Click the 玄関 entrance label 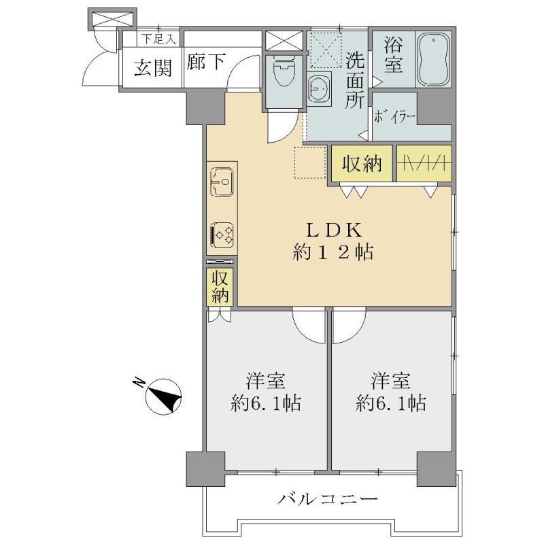pyautogui.click(x=153, y=67)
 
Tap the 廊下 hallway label pyautogui.click(x=206, y=62)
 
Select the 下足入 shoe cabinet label pyautogui.click(x=158, y=39)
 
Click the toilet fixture pyautogui.click(x=284, y=72)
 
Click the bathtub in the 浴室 pyautogui.click(x=434, y=59)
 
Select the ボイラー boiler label pyautogui.click(x=394, y=117)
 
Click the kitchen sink pyautogui.click(x=222, y=182)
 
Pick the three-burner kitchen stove pyautogui.click(x=222, y=235)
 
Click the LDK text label pyautogui.click(x=333, y=230)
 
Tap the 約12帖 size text pyautogui.click(x=333, y=252)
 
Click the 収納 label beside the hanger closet pyautogui.click(x=362, y=164)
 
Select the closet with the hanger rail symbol pyautogui.click(x=424, y=163)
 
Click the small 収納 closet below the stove pyautogui.click(x=220, y=286)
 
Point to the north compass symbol pyautogui.click(x=164, y=396)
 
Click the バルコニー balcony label pyautogui.click(x=328, y=500)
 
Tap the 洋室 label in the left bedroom pyautogui.click(x=265, y=380)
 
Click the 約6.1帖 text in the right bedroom pyautogui.click(x=390, y=403)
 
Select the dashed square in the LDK pyautogui.click(x=310, y=163)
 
